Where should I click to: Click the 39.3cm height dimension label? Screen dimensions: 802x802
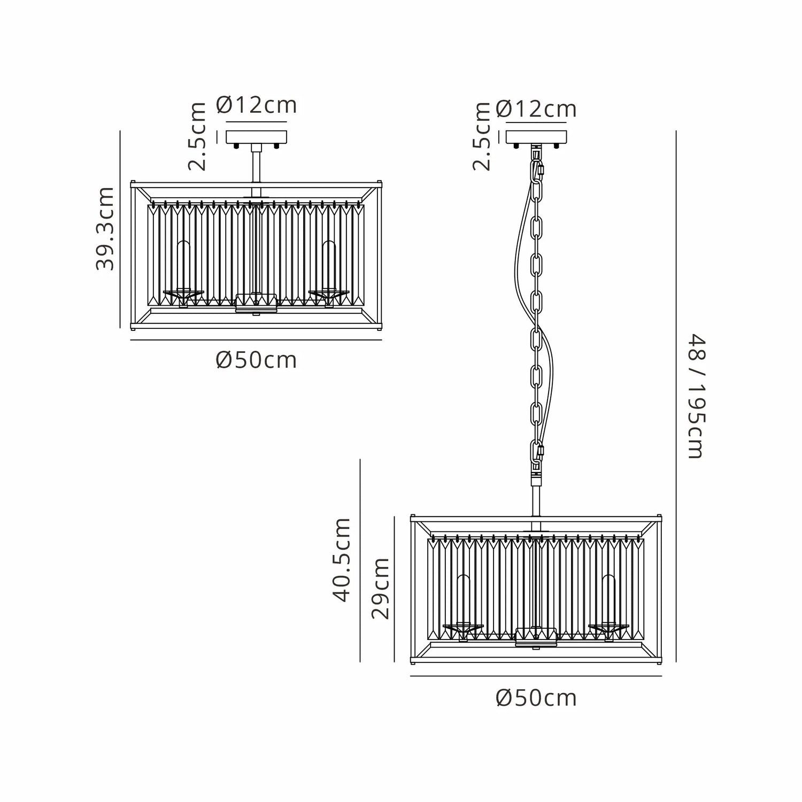(x=105, y=228)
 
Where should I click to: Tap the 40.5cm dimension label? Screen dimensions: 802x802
(x=341, y=560)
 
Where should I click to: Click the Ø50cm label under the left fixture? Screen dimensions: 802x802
(x=256, y=360)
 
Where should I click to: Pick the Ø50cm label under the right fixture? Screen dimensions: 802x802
(x=536, y=698)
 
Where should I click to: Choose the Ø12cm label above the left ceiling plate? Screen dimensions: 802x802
(x=256, y=105)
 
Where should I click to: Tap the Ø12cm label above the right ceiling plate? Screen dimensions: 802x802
(x=536, y=109)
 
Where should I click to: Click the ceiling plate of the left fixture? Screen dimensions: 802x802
(x=257, y=137)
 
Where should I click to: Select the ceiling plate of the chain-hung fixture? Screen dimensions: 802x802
(x=536, y=137)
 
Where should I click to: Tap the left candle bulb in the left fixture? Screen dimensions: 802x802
(x=183, y=265)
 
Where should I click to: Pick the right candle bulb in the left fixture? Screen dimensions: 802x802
(x=329, y=265)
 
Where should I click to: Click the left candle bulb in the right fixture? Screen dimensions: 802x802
(x=463, y=599)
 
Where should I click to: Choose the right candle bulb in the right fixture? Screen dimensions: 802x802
(x=608, y=599)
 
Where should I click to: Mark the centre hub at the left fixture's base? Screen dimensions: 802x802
(x=256, y=303)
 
